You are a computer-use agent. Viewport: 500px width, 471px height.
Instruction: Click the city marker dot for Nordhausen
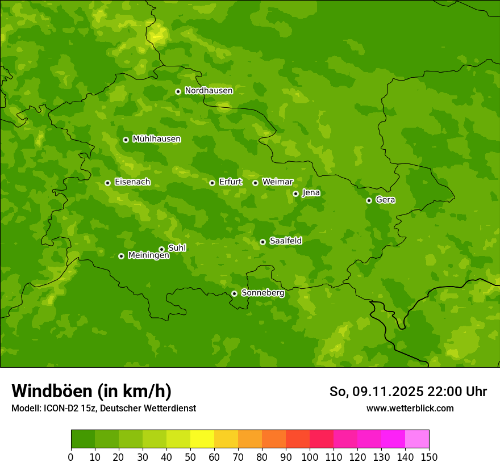point(178,91)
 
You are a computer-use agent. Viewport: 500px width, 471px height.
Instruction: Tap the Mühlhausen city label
point(156,139)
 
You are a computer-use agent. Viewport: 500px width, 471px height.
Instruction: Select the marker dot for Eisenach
point(107,183)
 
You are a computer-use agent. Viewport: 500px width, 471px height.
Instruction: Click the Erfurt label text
point(230,182)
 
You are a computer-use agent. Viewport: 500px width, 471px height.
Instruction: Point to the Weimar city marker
point(255,183)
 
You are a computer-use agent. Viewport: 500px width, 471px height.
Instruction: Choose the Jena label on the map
point(311,193)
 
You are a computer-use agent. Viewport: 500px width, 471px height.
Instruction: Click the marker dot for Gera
point(369,200)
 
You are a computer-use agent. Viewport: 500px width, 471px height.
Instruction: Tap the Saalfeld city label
point(285,241)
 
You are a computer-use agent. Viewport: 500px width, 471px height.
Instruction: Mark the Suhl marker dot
point(161,249)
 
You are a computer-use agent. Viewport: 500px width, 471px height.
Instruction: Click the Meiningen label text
point(148,256)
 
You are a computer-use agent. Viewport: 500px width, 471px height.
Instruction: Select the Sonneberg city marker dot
point(234,293)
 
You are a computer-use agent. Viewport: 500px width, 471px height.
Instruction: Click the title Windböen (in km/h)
point(91,391)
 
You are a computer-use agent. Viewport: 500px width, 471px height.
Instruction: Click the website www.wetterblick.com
point(410,408)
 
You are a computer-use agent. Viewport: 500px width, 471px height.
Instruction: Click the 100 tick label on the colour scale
point(310,457)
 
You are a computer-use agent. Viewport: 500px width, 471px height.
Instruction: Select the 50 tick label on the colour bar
point(190,457)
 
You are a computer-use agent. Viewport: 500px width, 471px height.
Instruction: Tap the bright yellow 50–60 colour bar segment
point(202,439)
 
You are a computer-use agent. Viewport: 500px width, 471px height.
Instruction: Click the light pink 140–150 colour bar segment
point(417,439)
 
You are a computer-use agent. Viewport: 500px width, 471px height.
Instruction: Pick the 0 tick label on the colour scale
point(71,457)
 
